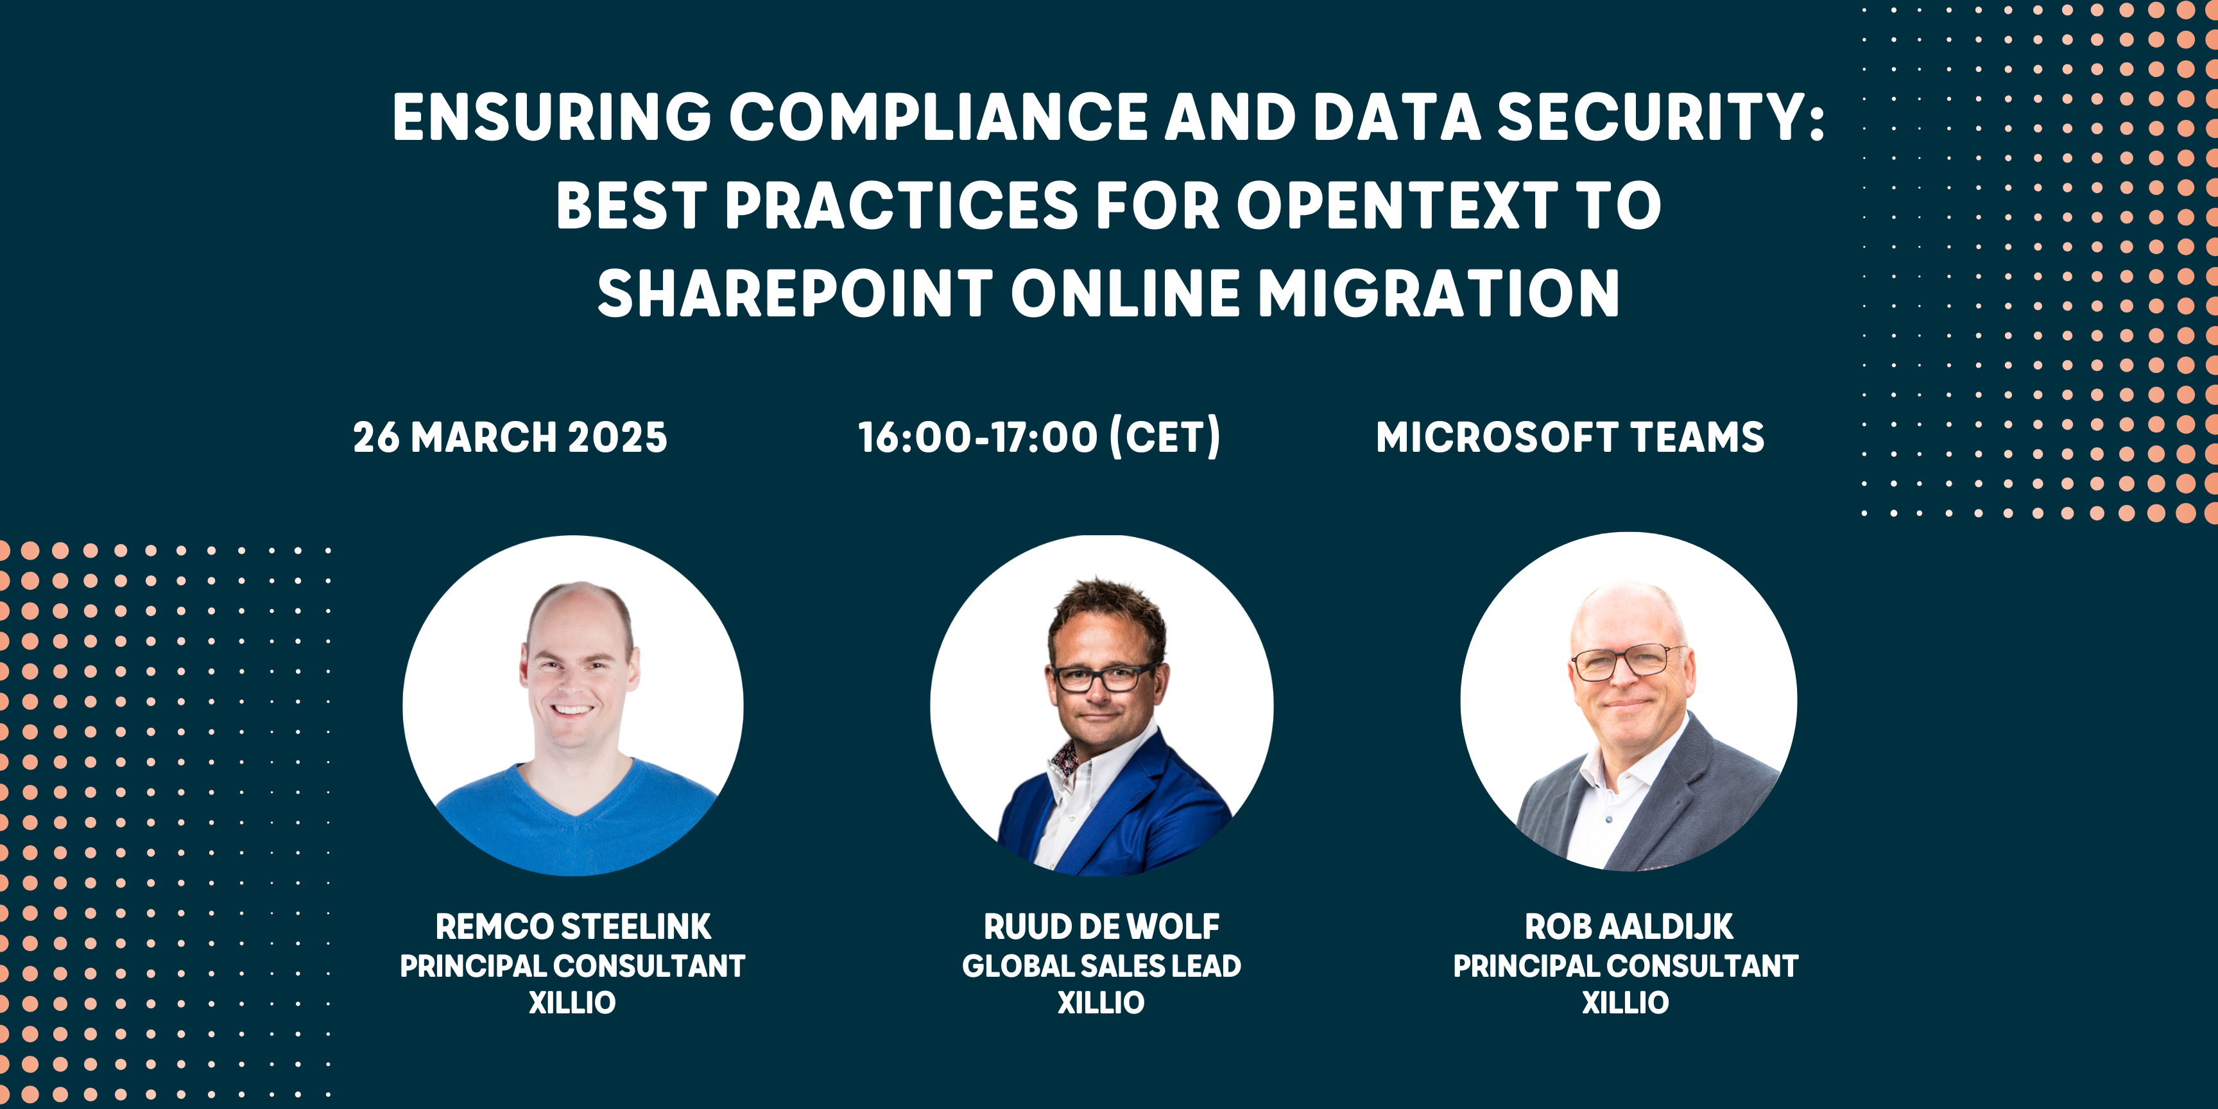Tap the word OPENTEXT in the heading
point(1396,207)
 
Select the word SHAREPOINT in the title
point(795,293)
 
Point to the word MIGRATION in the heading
point(1439,293)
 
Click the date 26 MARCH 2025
point(510,438)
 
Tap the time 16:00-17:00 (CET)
point(1039,438)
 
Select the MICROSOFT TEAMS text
point(1570,438)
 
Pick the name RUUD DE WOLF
point(1101,927)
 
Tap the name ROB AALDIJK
point(1628,927)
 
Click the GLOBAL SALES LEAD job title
point(1101,966)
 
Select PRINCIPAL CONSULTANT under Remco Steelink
point(572,966)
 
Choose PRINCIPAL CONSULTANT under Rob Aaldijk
point(1626,966)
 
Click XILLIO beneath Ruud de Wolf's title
point(1101,1003)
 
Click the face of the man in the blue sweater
point(575,680)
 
